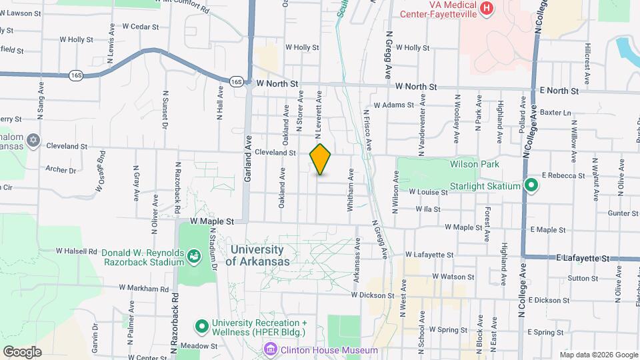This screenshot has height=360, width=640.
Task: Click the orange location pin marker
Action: (321, 159)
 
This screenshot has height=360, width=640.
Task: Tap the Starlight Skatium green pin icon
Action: (531, 185)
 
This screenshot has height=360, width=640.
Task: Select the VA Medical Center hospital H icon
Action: (487, 9)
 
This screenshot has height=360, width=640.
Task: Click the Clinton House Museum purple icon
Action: (269, 349)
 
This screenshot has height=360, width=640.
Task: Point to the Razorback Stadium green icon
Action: (193, 255)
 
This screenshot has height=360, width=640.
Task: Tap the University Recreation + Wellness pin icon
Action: (202, 327)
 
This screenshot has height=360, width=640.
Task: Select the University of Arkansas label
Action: (257, 255)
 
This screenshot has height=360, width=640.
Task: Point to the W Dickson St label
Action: (373, 295)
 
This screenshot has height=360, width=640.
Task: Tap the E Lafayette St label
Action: (582, 257)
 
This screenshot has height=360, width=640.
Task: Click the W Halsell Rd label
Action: (77, 251)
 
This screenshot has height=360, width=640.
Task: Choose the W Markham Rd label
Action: (144, 288)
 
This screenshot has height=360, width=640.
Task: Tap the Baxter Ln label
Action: (556, 113)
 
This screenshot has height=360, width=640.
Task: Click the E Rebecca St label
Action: (563, 175)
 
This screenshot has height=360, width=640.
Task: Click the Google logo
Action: (21, 351)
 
